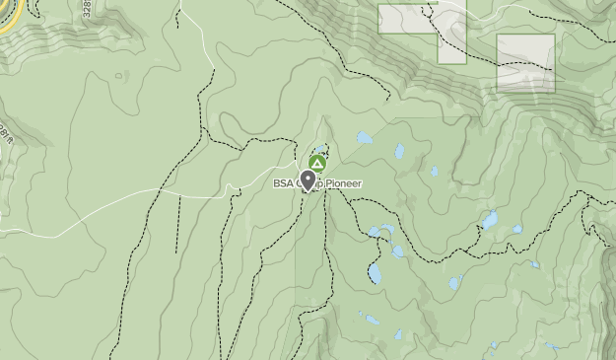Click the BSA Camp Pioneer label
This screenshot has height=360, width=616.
pos(317,183)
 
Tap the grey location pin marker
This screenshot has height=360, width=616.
pos(308,180)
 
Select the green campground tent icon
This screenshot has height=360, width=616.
pos(316,163)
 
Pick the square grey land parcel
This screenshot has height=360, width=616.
pos(525,62)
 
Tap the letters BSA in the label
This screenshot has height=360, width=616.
pos(284,183)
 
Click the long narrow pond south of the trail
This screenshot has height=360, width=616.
pos(375,272)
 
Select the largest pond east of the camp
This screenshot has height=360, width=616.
pos(490,221)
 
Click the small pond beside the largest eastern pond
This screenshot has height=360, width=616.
pos(516,229)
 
